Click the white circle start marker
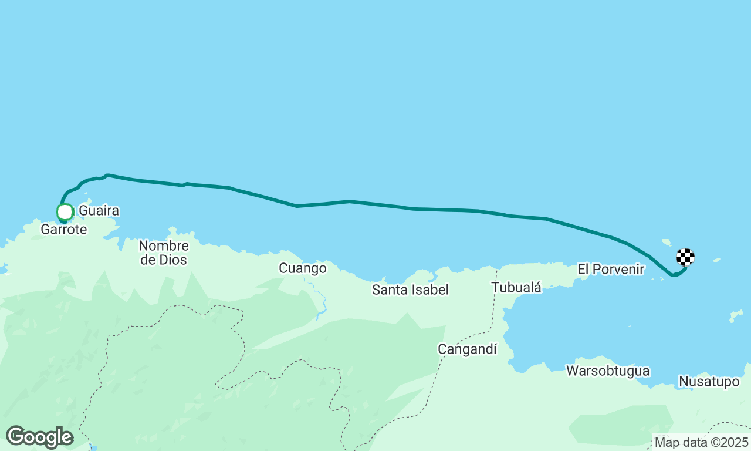tap(65, 211)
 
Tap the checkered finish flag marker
tap(685, 257)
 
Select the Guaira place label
tap(99, 210)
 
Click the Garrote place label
tap(63, 230)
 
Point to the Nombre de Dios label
tap(164, 253)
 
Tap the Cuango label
tap(302, 268)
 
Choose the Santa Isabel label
tap(410, 290)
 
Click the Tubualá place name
tap(516, 287)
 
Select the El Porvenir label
tap(611, 270)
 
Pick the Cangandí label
tap(467, 349)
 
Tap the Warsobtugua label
tap(607, 371)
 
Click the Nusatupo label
tap(709, 382)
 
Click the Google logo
tap(39, 437)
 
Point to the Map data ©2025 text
tap(701, 442)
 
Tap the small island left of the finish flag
tap(667, 241)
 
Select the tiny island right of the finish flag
tap(716, 259)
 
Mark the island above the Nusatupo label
tap(736, 317)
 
